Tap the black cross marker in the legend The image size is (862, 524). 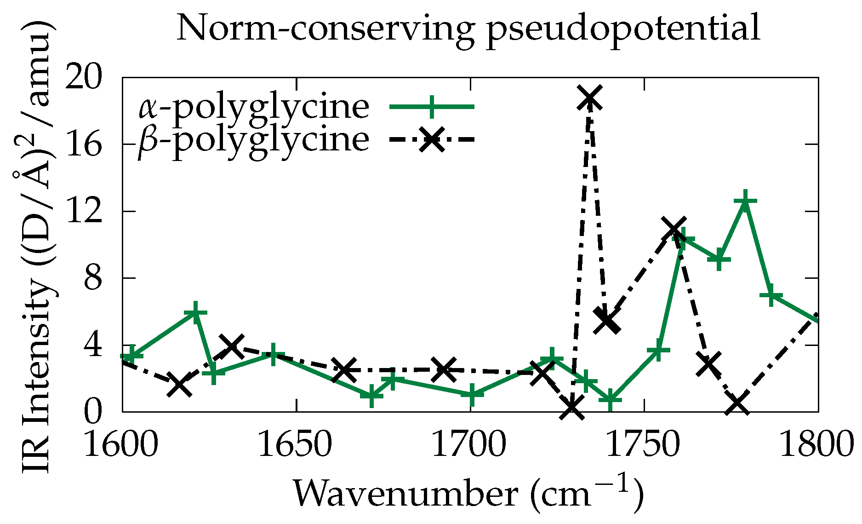point(432,138)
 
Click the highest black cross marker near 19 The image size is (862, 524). point(589,98)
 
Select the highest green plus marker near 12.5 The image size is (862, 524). point(745,201)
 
